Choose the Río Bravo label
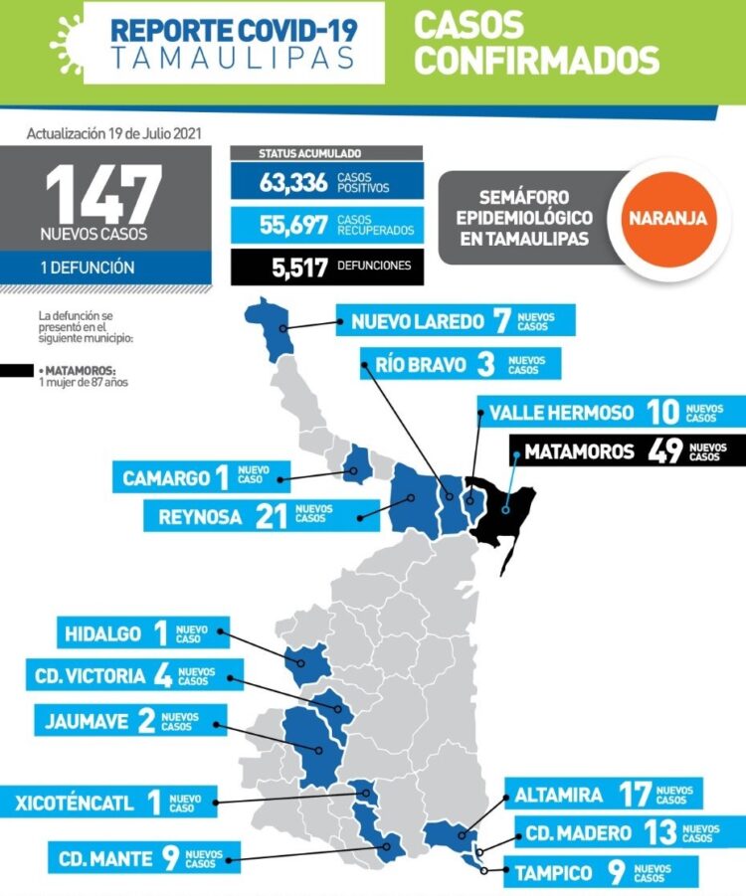pyautogui.click(x=420, y=364)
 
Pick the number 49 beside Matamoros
pyautogui.click(x=663, y=451)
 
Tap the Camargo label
pyautogui.click(x=167, y=478)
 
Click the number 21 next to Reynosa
pyautogui.click(x=270, y=515)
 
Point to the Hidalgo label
pyautogui.click(x=102, y=633)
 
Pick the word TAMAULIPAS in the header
pyautogui.click(x=234, y=58)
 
